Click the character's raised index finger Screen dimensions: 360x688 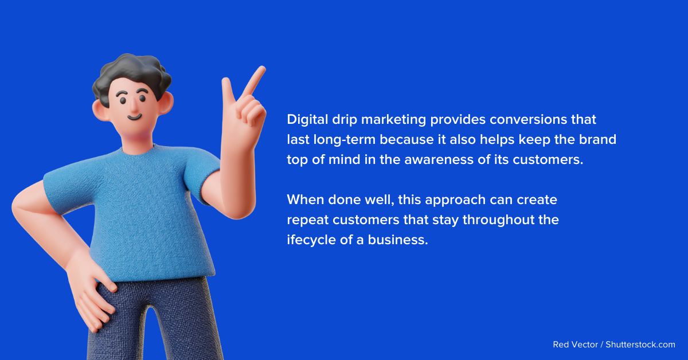point(254,80)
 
